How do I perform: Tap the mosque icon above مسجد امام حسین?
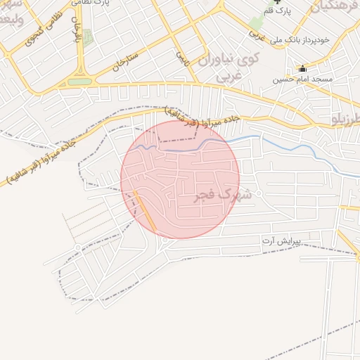[x=303, y=69]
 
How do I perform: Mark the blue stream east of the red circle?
[x=295, y=148]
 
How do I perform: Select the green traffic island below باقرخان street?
[x=80, y=82]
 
